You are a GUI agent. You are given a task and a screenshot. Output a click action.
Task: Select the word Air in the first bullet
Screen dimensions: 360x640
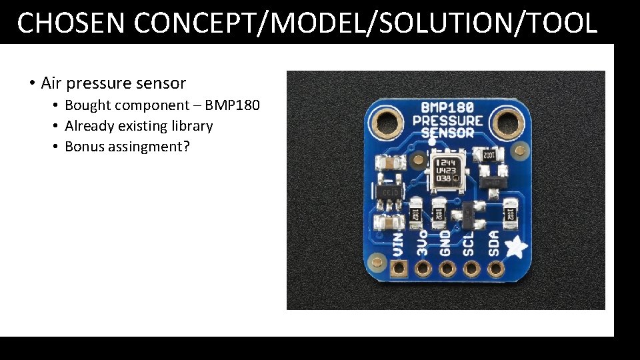point(51,83)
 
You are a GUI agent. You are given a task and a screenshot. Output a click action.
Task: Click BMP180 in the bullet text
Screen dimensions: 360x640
point(232,105)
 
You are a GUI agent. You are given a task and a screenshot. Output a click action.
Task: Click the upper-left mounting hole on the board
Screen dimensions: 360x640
point(385,121)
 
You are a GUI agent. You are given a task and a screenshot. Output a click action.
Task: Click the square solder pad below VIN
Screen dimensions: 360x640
point(399,269)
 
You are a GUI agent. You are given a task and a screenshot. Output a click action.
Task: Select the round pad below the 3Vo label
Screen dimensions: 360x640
point(423,269)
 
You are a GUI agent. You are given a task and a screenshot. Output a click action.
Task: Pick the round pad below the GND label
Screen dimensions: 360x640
point(447,269)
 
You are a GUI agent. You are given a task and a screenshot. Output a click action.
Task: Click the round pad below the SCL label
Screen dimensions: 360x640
point(471,269)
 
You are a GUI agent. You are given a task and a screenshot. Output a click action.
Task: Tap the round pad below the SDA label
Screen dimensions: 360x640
point(495,269)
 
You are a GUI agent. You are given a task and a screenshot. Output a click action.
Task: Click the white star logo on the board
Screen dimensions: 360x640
point(515,247)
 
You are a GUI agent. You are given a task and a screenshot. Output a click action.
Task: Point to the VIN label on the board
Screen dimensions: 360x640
point(398,243)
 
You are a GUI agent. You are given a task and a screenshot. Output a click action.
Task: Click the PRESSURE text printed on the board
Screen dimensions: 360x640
point(447,121)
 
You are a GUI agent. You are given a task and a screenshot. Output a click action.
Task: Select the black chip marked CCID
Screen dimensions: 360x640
point(389,193)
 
